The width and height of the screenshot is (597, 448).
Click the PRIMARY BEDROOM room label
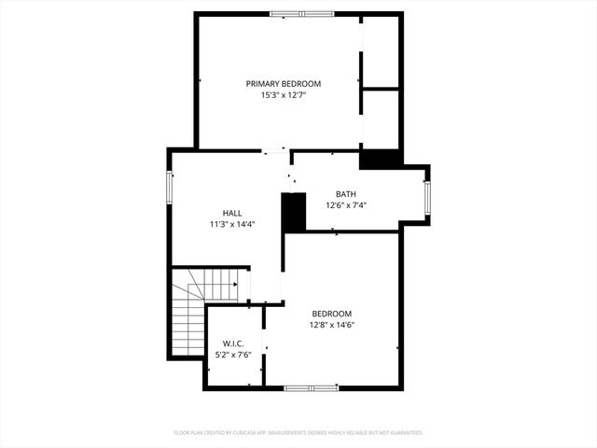click(284, 84)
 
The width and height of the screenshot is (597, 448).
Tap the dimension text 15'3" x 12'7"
click(284, 95)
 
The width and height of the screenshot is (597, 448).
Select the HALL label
click(232, 213)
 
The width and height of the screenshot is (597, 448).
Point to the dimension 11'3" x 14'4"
click(232, 224)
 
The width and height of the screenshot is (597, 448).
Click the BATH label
click(346, 194)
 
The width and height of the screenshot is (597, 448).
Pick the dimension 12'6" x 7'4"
click(346, 205)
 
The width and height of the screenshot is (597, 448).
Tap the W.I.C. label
click(233, 343)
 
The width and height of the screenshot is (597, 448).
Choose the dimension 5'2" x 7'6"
click(233, 355)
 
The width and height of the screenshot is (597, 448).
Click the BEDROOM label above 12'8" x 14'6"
click(332, 314)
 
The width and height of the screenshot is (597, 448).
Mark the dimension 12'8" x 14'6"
click(332, 325)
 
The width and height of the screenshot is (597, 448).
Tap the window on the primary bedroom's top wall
click(300, 14)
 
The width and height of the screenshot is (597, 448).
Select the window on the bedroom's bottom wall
click(312, 387)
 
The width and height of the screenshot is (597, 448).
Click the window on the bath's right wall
click(427, 197)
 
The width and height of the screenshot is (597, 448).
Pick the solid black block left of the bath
click(294, 213)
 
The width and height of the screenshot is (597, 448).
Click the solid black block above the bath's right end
click(379, 160)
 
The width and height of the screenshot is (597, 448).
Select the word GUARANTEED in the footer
click(405, 433)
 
